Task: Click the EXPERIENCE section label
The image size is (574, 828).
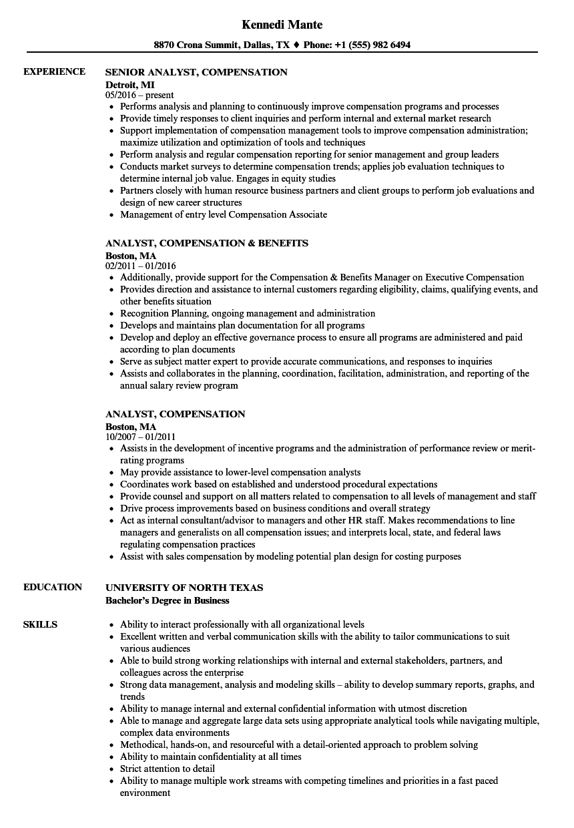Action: (x=54, y=72)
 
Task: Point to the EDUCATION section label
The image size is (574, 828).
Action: (x=53, y=588)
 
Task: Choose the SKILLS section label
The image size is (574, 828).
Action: (x=40, y=625)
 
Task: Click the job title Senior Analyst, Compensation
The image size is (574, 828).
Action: (x=197, y=72)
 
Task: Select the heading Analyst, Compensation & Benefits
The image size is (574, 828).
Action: (x=207, y=243)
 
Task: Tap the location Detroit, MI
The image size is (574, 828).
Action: (x=130, y=84)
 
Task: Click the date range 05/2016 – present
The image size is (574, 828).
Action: (x=140, y=95)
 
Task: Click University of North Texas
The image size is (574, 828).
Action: (x=184, y=588)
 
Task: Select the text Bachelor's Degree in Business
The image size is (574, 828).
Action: (x=168, y=600)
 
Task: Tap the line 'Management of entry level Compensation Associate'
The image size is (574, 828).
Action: (x=224, y=214)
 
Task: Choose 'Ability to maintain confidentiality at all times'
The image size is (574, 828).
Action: (x=210, y=757)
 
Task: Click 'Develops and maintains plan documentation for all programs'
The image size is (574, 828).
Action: (x=242, y=325)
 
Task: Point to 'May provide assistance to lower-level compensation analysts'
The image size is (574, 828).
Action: (x=240, y=472)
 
